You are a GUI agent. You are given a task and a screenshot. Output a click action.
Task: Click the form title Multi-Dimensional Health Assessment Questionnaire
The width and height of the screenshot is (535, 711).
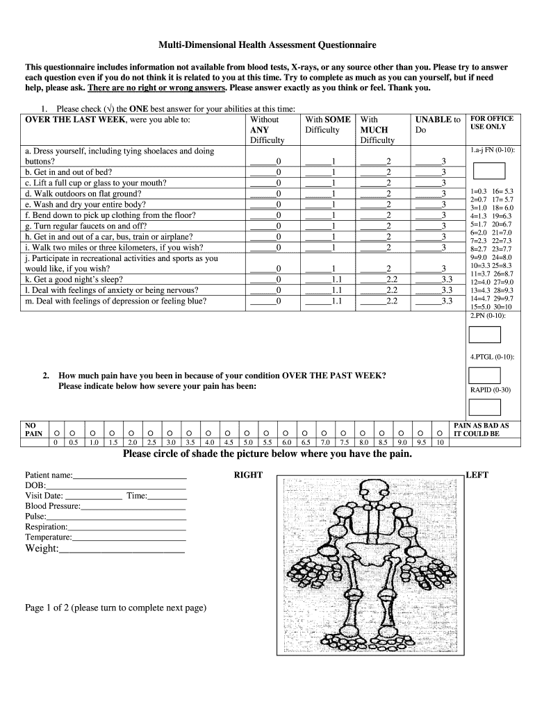[x=267, y=45]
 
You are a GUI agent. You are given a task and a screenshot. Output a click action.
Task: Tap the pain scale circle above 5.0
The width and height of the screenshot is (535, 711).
[x=248, y=430]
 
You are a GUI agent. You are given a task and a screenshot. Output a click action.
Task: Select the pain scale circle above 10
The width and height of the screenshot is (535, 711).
[x=439, y=430]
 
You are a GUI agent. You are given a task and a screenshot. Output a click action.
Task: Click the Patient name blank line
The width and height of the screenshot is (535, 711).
[x=130, y=476]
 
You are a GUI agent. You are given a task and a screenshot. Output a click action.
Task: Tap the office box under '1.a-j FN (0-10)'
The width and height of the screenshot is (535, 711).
[x=488, y=171]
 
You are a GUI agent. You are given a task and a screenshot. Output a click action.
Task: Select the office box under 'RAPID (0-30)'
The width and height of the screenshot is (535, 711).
[x=484, y=408]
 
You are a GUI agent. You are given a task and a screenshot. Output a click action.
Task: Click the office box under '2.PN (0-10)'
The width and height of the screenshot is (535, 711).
[x=484, y=335]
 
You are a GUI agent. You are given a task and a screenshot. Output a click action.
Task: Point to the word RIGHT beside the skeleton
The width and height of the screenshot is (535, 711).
[x=248, y=475]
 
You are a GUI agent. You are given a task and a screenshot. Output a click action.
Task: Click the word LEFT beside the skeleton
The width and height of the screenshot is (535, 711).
[x=477, y=475]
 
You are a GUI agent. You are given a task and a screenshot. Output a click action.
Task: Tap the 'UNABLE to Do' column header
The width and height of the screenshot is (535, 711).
[x=437, y=125]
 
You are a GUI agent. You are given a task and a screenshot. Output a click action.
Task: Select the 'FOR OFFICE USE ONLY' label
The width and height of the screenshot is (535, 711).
[x=491, y=123]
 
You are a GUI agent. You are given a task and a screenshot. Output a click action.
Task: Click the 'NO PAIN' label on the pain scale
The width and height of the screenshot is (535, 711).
[x=34, y=429]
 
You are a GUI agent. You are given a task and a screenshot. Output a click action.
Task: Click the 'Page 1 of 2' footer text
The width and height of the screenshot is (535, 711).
[x=115, y=608]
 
